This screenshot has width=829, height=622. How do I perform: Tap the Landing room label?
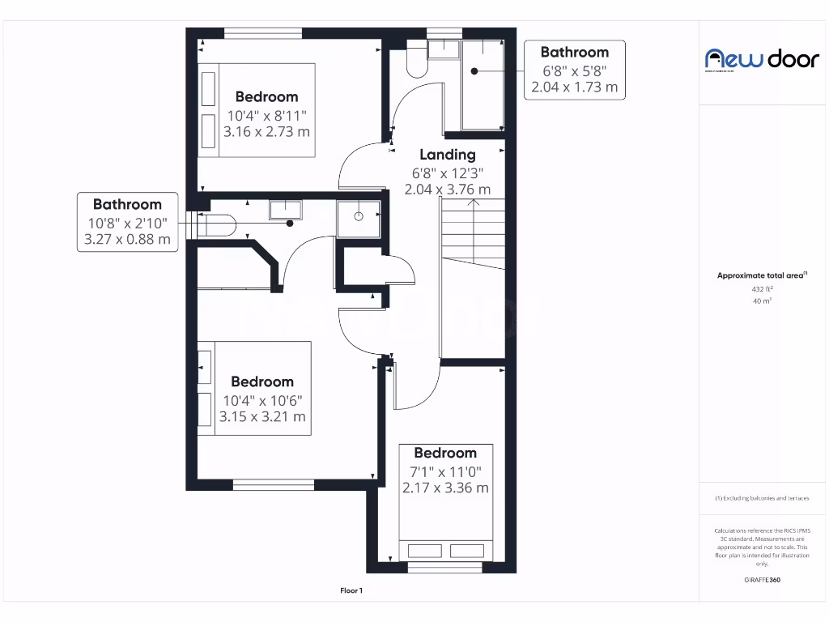[447, 154]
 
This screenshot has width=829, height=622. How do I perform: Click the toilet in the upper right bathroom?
[417, 62]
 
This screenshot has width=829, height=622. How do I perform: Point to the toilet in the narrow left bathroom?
[217, 224]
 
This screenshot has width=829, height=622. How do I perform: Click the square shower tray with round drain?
[358, 217]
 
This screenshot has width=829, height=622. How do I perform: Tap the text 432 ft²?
[761, 288]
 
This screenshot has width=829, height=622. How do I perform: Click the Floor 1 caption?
[351, 591]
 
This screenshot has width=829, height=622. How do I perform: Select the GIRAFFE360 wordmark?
[762, 580]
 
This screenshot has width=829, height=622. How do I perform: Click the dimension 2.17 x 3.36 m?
[445, 488]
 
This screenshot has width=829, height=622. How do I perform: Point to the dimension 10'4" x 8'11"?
[266, 114]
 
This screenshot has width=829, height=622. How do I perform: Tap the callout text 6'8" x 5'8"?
[574, 70]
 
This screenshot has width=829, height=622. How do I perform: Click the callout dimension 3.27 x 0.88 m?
[127, 239]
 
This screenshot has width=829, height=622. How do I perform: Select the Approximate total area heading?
[761, 275]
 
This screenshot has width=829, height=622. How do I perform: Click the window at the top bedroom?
[263, 33]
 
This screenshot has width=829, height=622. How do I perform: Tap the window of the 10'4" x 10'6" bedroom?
[274, 485]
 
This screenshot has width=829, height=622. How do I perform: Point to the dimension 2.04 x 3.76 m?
[448, 190]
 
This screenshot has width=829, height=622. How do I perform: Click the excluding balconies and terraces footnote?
[761, 498]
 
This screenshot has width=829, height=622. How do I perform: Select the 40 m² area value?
[761, 300]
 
